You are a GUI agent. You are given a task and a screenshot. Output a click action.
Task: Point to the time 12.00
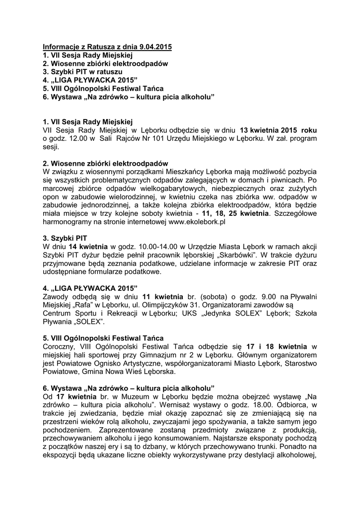(77, 138)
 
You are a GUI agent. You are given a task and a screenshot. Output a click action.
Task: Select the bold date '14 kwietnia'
(86, 248)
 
